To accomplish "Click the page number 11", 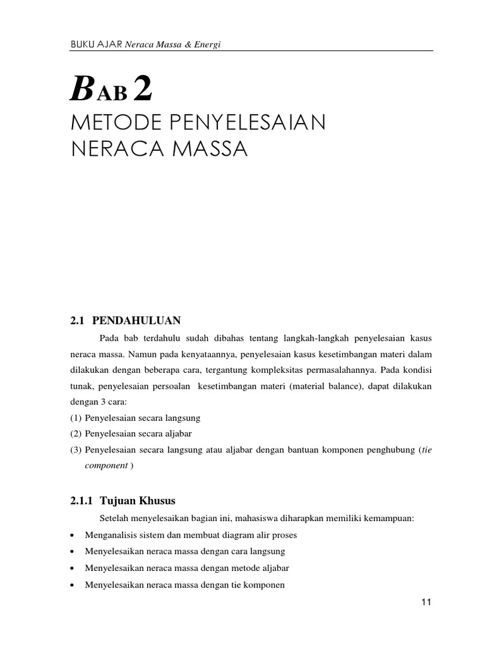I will click(x=426, y=602).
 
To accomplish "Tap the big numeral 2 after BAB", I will click(x=143, y=90).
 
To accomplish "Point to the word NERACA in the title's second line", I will click(x=108, y=150).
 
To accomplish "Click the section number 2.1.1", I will click(x=81, y=500).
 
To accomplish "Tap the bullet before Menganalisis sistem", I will click(x=73, y=536).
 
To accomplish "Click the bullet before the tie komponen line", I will click(x=73, y=585).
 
